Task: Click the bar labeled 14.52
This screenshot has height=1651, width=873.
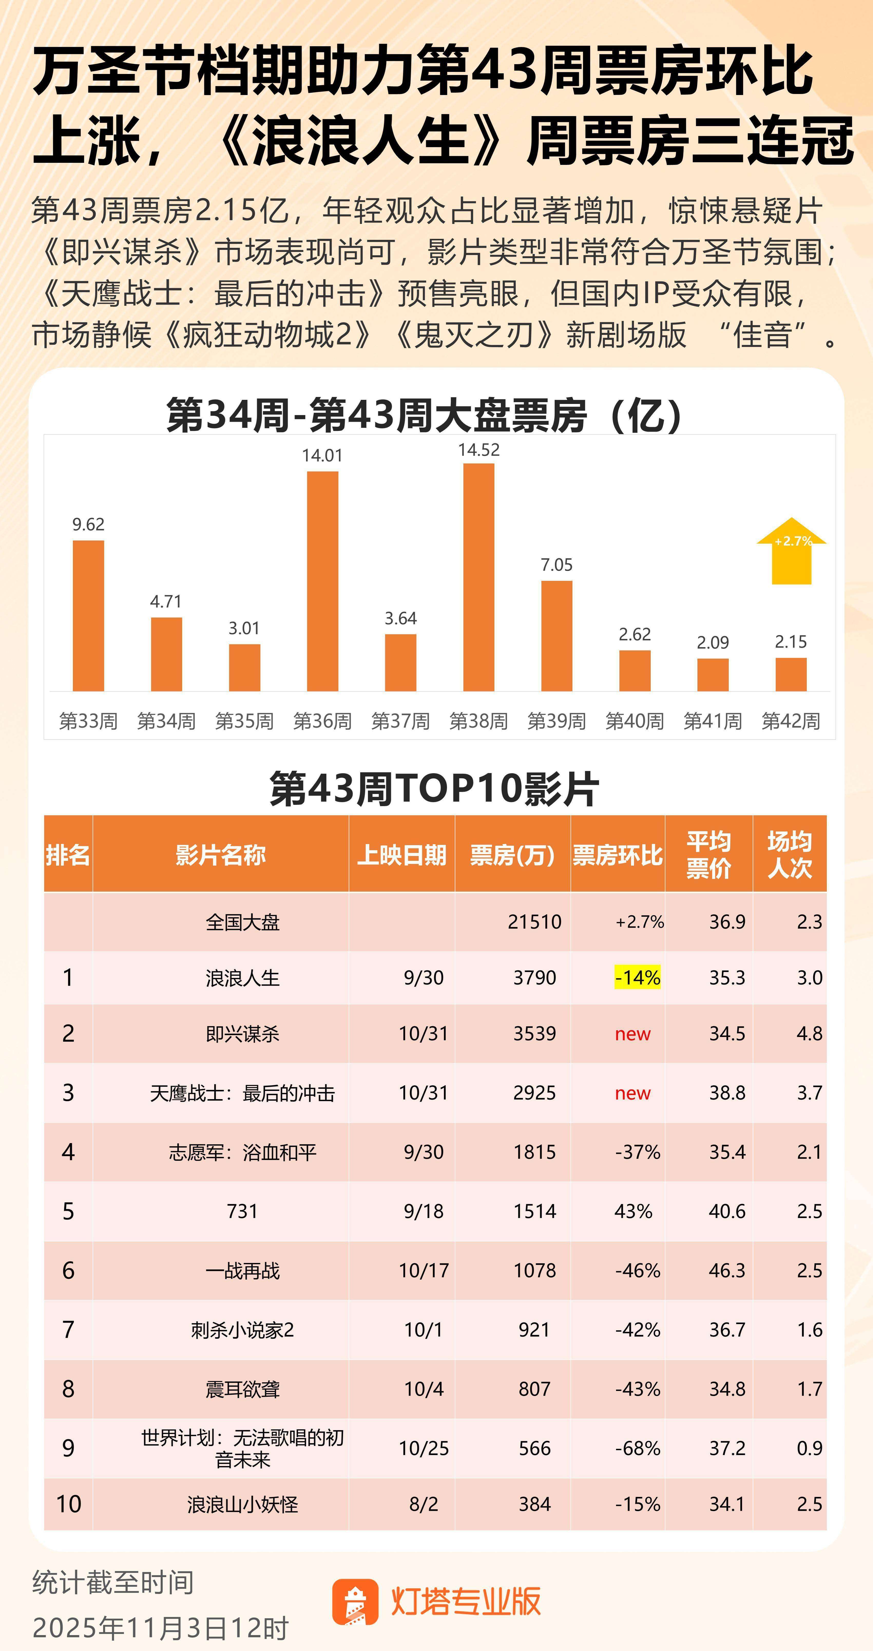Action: [478, 577]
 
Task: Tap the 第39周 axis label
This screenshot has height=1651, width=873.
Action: [557, 721]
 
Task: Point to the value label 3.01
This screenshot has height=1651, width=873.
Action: [244, 628]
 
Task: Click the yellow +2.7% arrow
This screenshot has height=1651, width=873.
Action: [792, 551]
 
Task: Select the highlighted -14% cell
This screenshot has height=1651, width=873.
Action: [637, 977]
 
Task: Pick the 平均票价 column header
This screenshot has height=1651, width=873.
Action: [708, 854]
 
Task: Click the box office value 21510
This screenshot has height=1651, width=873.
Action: [534, 922]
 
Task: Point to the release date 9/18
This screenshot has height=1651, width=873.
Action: [423, 1211]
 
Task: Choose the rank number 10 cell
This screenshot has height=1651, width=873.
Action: [69, 1504]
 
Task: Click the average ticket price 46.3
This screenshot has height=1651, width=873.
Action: [727, 1270]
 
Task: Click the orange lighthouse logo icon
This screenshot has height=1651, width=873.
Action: [356, 1602]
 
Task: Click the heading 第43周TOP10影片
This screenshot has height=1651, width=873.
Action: [434, 788]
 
